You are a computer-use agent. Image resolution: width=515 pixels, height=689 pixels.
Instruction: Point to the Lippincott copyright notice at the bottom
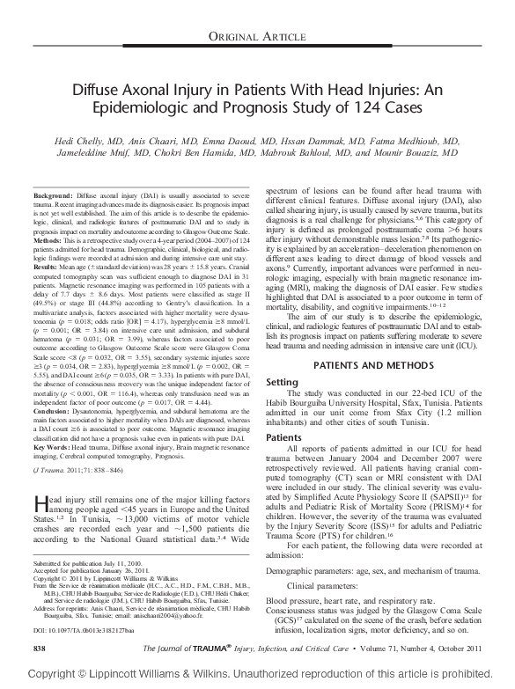pos(257,673)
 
